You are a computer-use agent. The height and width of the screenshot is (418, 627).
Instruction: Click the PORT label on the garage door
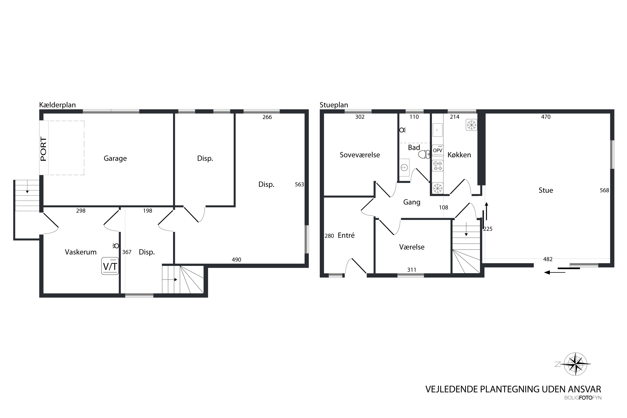click(x=43, y=149)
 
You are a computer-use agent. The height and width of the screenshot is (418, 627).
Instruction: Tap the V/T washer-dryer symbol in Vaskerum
click(x=110, y=266)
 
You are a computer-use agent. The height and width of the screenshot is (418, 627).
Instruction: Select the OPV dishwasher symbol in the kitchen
click(x=437, y=150)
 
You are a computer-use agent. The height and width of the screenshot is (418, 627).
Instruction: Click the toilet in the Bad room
click(x=424, y=154)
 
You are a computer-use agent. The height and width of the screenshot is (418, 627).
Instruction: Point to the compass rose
click(x=576, y=364)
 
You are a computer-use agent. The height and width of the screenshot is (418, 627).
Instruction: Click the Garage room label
click(x=115, y=158)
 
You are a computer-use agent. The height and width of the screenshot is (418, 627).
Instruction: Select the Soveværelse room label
click(x=360, y=155)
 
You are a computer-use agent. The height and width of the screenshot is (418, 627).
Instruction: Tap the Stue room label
click(x=546, y=190)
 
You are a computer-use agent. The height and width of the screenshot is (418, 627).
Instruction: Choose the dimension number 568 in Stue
click(x=604, y=190)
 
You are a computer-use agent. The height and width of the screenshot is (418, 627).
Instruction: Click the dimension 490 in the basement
click(x=236, y=260)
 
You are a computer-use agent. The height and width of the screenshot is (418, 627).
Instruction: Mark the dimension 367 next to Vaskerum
click(x=127, y=252)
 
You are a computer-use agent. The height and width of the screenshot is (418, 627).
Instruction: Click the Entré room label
click(x=346, y=235)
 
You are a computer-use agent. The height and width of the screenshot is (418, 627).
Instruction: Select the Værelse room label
click(x=412, y=247)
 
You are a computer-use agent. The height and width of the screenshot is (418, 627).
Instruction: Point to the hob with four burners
click(x=437, y=166)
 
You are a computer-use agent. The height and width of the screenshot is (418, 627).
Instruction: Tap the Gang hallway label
click(x=412, y=202)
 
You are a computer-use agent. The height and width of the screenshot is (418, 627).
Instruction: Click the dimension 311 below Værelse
click(x=412, y=270)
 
